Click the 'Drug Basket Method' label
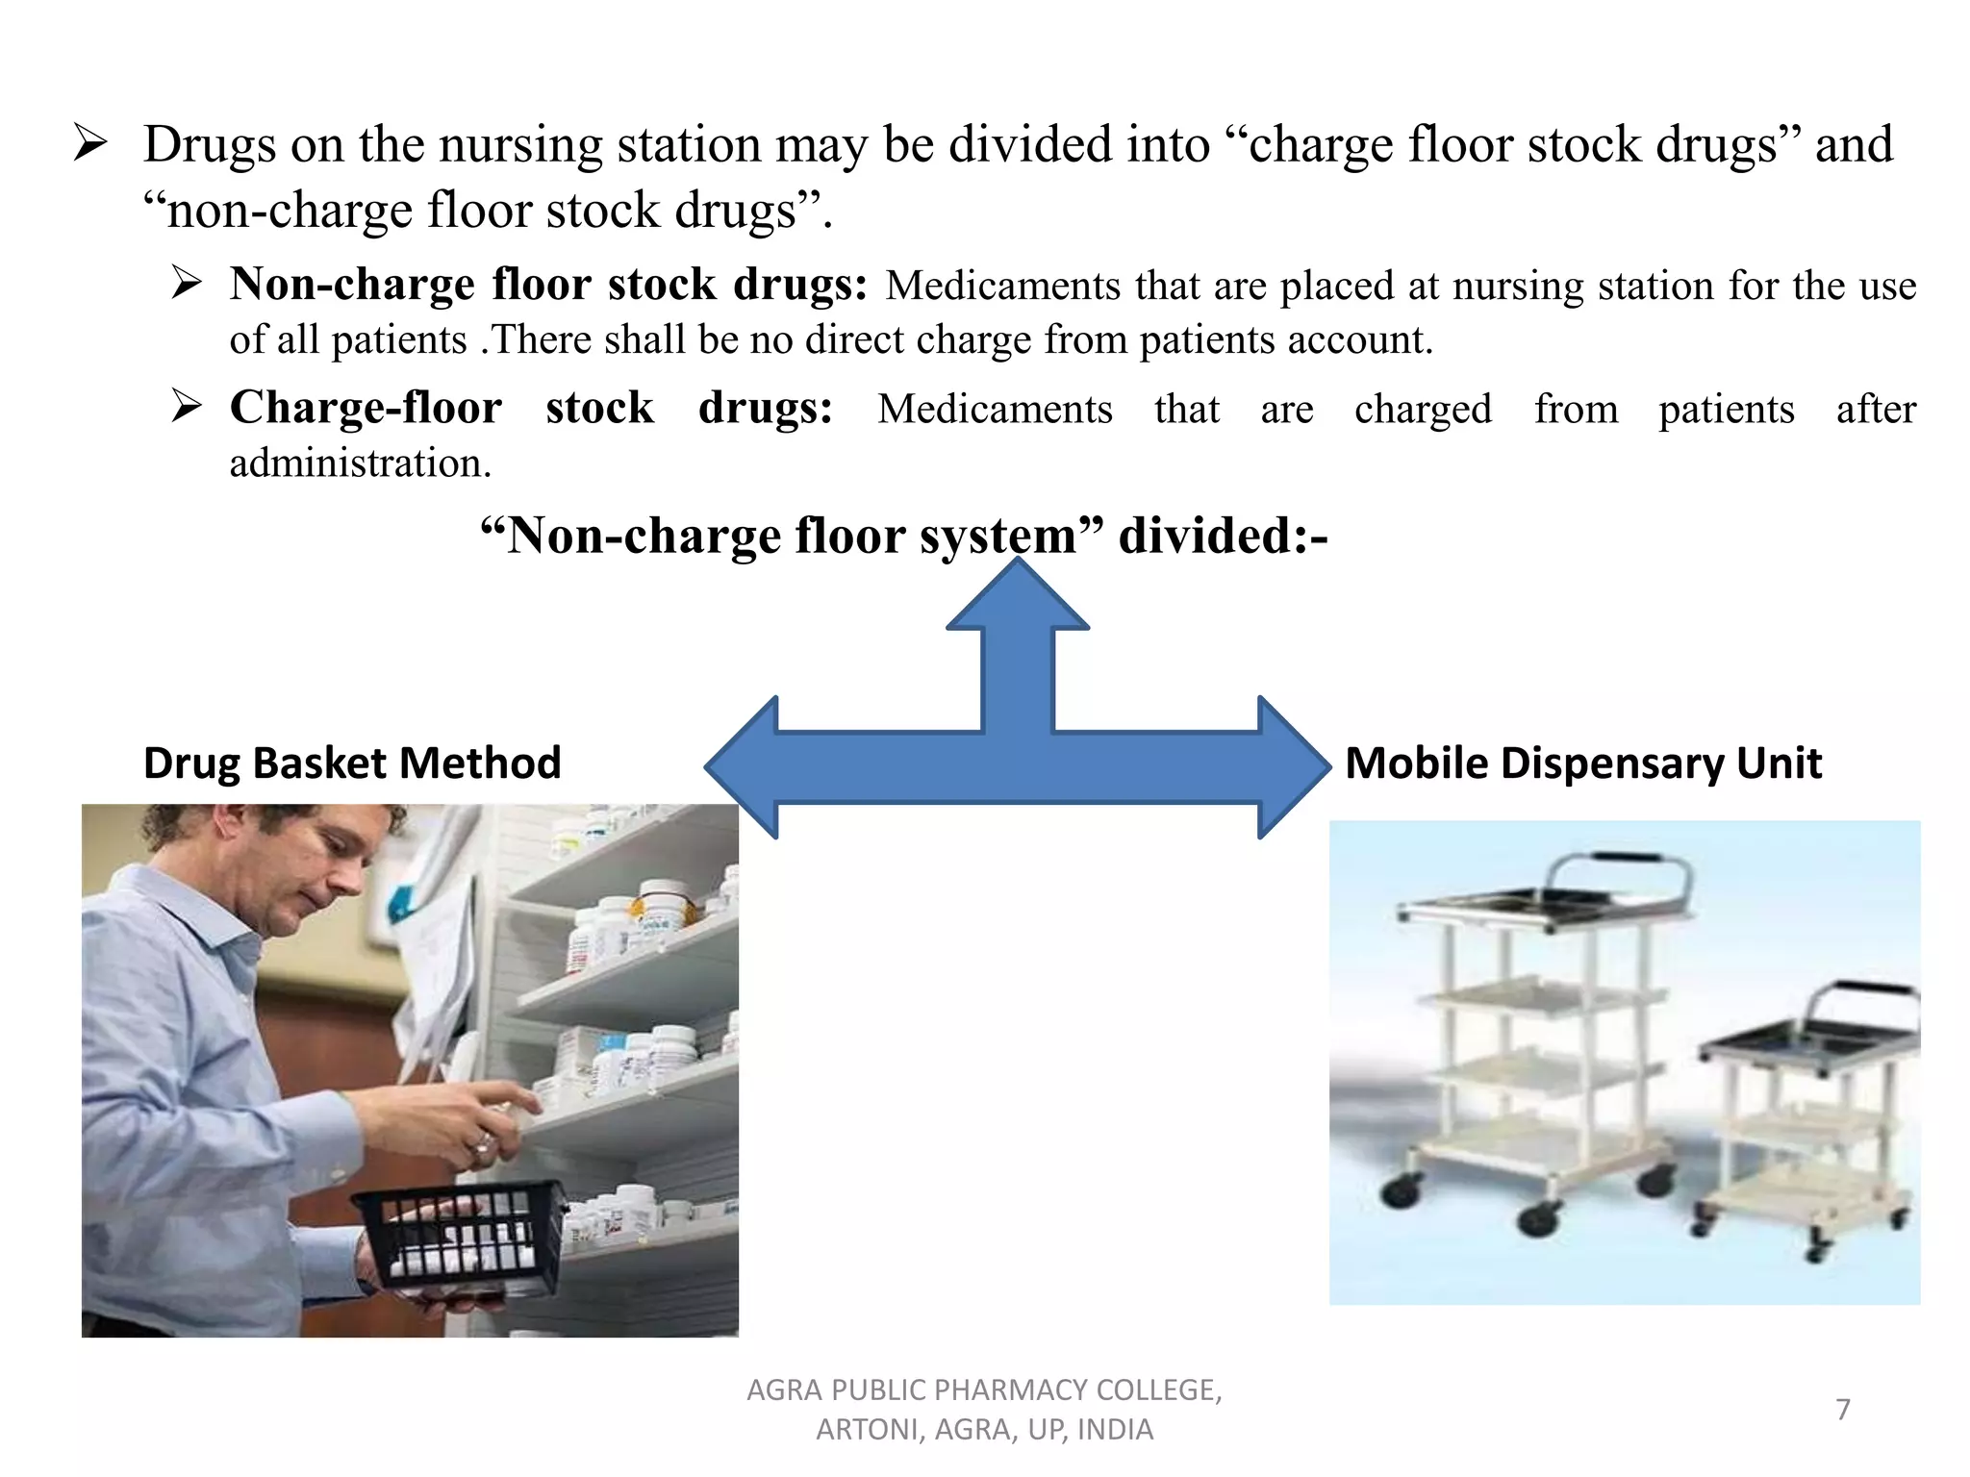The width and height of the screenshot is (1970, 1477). click(352, 764)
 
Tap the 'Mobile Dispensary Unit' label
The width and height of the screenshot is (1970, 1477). click(1582, 764)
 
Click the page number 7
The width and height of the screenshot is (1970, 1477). click(1842, 1410)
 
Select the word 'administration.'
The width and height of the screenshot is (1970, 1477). click(360, 463)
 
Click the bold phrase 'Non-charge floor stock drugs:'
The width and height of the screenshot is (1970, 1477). click(548, 285)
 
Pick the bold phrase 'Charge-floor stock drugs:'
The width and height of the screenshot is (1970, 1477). click(531, 408)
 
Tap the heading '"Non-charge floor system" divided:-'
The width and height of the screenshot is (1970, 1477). click(903, 536)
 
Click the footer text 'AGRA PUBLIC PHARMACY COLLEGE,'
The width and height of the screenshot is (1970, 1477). click(984, 1390)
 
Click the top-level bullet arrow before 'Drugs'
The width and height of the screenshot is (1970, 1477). click(90, 144)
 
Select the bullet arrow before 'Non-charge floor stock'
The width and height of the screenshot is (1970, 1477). click(187, 283)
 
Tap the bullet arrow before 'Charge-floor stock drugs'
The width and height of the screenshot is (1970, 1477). click(187, 406)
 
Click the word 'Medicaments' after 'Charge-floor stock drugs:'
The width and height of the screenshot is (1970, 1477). click(995, 410)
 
